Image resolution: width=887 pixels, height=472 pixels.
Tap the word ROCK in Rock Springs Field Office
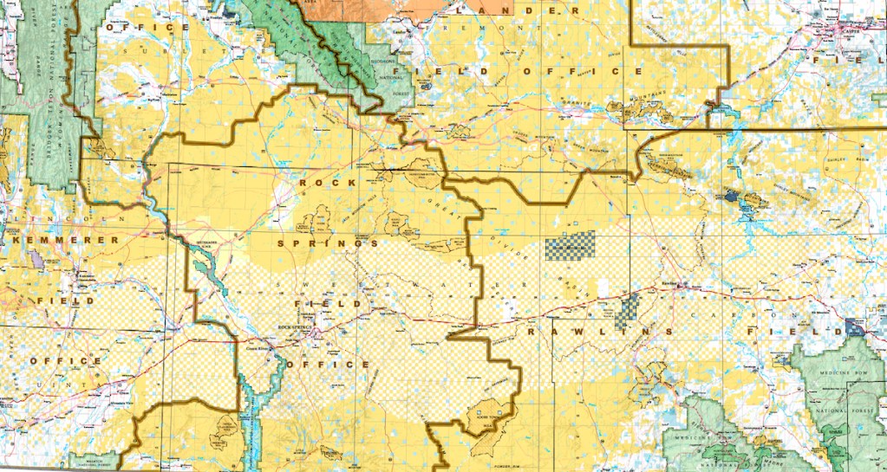pyautogui.click(x=327, y=184)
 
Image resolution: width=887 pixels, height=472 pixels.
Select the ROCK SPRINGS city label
pyautogui.click(x=295, y=326)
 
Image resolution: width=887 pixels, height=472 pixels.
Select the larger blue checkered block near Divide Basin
pyautogui.click(x=571, y=245)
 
